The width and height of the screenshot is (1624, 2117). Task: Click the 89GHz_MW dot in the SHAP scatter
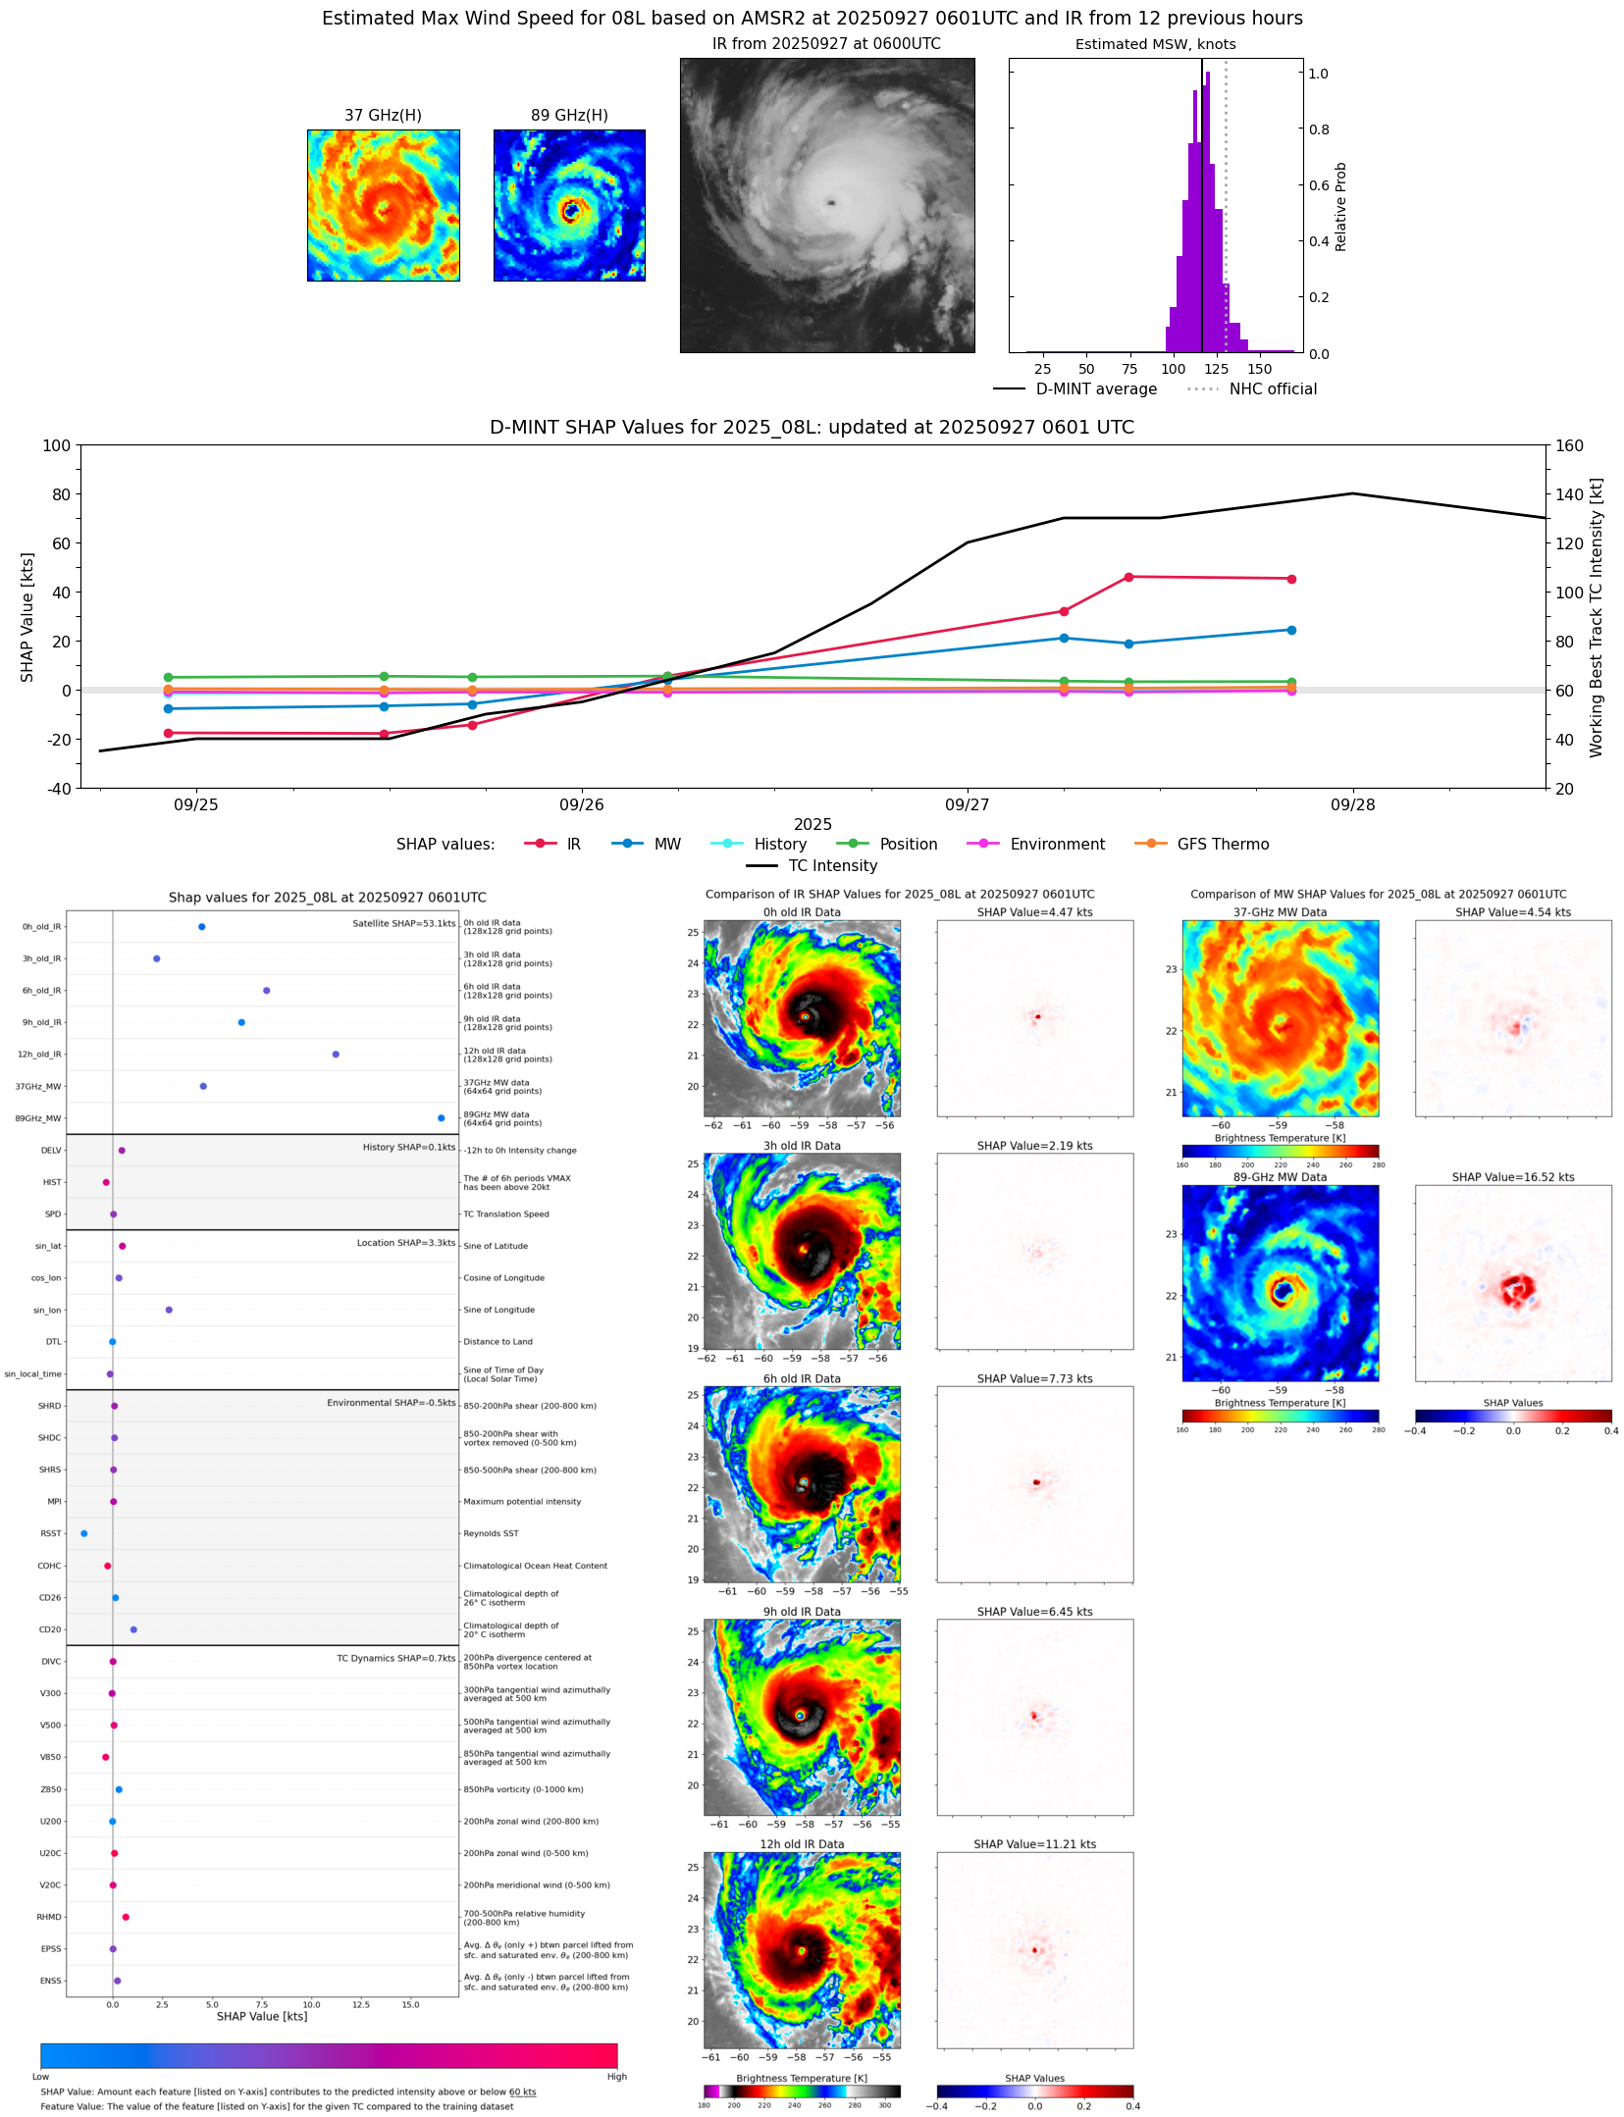tap(441, 1117)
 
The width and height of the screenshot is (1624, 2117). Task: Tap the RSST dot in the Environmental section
tap(83, 1532)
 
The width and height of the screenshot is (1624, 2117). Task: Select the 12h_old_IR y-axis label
tap(39, 1054)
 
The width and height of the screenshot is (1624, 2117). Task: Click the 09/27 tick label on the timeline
tap(967, 804)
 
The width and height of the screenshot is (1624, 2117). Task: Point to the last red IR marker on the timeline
tap(1291, 579)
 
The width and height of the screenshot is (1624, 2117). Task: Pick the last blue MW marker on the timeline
tap(1291, 630)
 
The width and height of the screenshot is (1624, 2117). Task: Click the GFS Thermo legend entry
tap(1222, 844)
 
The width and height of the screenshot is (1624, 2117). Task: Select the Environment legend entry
tap(1057, 844)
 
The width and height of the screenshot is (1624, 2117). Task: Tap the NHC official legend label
tap(1273, 388)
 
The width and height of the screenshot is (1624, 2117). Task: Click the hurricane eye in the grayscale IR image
tap(831, 203)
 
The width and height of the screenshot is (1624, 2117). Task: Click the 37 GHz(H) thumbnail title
tap(383, 115)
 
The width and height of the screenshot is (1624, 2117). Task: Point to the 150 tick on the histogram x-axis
tap(1260, 369)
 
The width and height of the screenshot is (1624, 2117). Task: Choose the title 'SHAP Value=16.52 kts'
tap(1512, 1176)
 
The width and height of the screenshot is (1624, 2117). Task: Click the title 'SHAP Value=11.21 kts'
tap(1034, 1843)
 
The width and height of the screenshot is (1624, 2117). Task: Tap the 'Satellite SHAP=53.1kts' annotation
tap(403, 923)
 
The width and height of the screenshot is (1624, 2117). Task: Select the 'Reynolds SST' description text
tap(491, 1532)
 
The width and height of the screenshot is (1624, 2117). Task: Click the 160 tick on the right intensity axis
tap(1570, 445)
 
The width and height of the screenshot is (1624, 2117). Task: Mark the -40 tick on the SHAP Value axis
tap(57, 788)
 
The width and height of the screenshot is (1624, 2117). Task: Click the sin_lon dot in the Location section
tap(169, 1310)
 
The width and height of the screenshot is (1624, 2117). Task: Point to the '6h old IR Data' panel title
tap(801, 1378)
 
